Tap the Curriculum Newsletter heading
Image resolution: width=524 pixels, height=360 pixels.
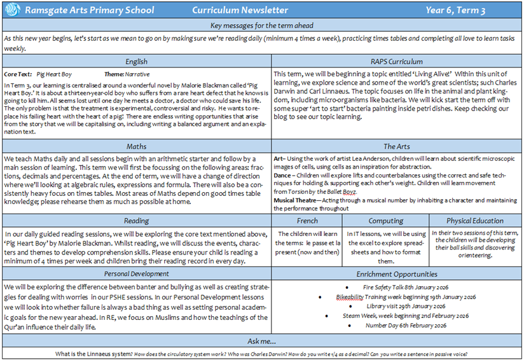[x=240, y=10]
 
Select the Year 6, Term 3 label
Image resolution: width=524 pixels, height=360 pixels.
[x=471, y=10]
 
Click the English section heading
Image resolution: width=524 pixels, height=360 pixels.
[x=136, y=62]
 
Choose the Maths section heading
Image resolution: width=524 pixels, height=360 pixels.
[x=136, y=146]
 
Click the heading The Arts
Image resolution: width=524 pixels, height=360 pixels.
[x=397, y=146]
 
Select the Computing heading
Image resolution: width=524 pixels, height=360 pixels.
[x=386, y=221]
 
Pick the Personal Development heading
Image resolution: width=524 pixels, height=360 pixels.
[x=136, y=274]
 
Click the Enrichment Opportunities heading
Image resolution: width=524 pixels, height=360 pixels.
[x=398, y=274]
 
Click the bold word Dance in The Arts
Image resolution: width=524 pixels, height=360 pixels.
[x=283, y=174]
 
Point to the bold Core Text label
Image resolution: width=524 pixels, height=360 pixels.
[x=18, y=74]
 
